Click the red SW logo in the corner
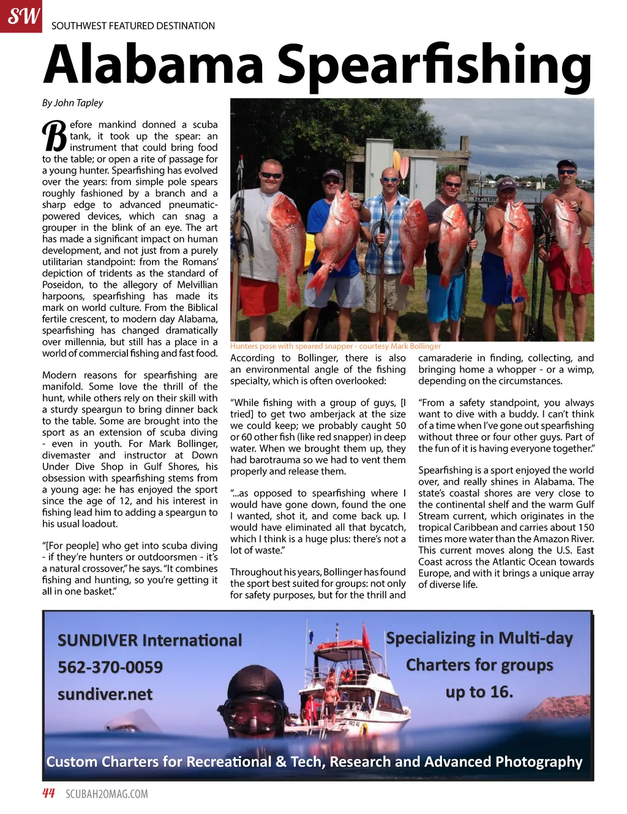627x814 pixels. [x=21, y=16]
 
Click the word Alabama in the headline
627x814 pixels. [x=153, y=64]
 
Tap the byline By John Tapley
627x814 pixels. [x=72, y=103]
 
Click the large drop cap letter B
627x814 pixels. [x=54, y=136]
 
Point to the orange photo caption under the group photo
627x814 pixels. [x=335, y=346]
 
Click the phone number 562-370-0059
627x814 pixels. [x=110, y=667]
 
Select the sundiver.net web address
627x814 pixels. [x=105, y=694]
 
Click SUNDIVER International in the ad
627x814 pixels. [x=149, y=640]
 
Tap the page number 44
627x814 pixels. [x=48, y=794]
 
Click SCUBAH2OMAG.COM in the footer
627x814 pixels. [x=107, y=794]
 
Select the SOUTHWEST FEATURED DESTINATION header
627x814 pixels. [x=133, y=26]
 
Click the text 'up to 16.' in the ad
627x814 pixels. [x=479, y=692]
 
